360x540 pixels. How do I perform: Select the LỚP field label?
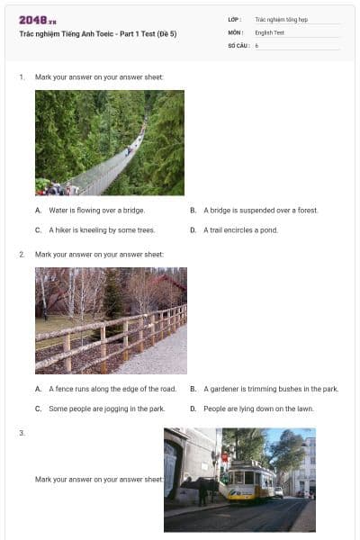pos(235,18)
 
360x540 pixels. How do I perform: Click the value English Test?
pos(269,31)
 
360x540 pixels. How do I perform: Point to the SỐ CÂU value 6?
pos(256,45)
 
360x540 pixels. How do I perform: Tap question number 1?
pos(22,77)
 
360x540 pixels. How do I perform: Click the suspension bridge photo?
pos(110,142)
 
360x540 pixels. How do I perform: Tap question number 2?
pos(22,255)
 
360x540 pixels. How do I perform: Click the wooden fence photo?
pos(111,320)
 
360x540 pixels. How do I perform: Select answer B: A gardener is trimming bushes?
pos(270,389)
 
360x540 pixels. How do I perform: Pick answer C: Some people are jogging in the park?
pos(106,409)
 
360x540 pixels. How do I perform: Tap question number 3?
pos(22,433)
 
